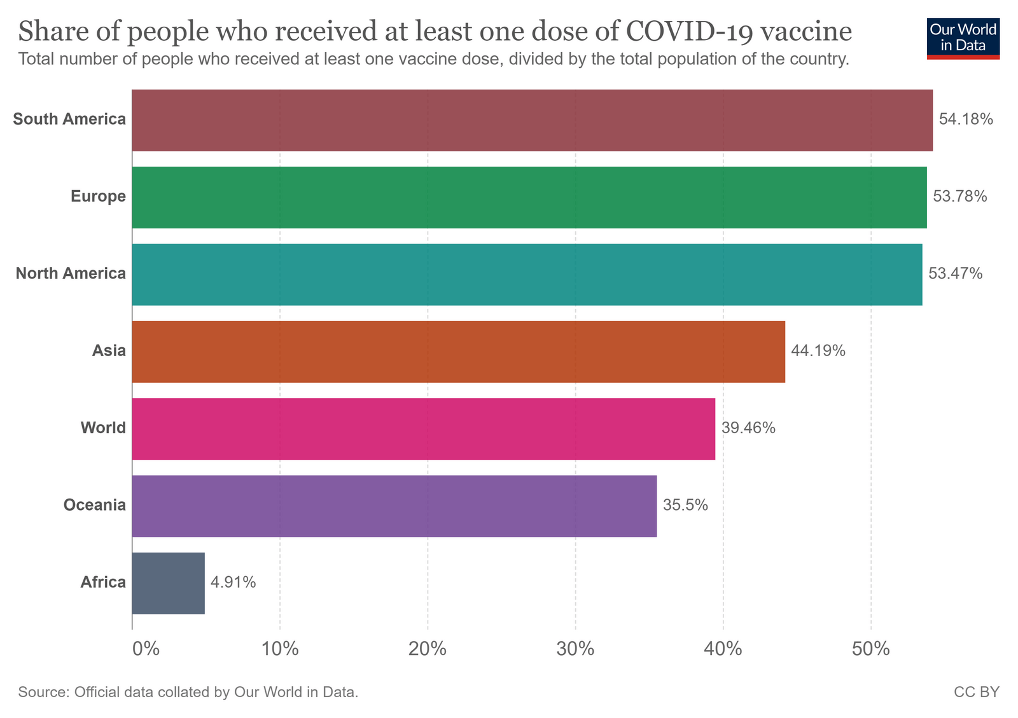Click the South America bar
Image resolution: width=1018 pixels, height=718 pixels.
(532, 120)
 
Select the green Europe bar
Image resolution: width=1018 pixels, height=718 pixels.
(529, 197)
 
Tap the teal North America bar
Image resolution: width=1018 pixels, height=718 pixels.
(527, 275)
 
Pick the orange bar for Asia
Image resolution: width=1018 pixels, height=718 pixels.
(458, 352)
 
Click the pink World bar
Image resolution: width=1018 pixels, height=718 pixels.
(423, 429)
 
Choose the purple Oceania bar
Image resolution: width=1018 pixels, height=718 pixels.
(394, 506)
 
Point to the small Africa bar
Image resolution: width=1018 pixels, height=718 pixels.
(168, 583)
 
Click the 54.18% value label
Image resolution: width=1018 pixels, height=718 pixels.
(966, 120)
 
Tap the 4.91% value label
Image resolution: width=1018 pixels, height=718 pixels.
(234, 583)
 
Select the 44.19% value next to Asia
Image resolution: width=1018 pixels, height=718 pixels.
(818, 351)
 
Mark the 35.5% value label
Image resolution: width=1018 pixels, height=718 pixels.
(685, 506)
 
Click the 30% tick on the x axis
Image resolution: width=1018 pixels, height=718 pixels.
(575, 649)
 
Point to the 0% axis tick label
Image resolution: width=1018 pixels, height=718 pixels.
(145, 649)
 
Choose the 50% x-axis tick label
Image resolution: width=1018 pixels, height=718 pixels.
(870, 649)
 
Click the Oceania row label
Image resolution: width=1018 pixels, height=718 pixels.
(94, 506)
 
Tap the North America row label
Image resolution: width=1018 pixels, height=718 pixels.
(71, 274)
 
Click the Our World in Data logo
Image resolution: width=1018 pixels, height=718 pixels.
(963, 38)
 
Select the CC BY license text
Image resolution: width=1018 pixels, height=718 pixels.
(976, 692)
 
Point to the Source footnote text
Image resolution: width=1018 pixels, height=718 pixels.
(188, 692)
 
